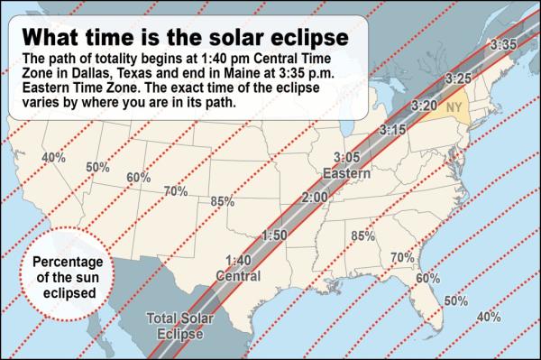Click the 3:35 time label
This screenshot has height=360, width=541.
503,42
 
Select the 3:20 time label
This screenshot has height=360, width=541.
424,106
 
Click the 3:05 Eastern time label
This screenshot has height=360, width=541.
345,164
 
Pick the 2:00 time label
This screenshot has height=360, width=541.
314,198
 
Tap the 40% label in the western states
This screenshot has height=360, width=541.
53,157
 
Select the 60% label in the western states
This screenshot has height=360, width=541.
138,178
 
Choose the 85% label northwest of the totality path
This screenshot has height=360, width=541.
222,200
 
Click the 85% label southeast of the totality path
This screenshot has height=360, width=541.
362,236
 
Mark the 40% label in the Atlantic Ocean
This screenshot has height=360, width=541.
488,316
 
